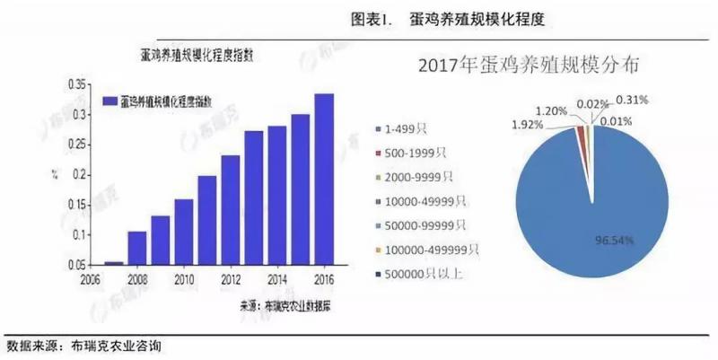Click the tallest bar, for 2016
[324, 180]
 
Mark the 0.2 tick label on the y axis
[78, 175]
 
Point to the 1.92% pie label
[527, 124]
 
